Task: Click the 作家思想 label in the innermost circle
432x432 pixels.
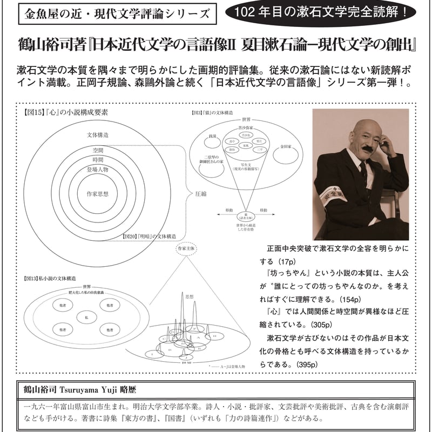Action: coord(97,193)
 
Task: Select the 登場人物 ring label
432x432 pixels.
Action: coord(97,169)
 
